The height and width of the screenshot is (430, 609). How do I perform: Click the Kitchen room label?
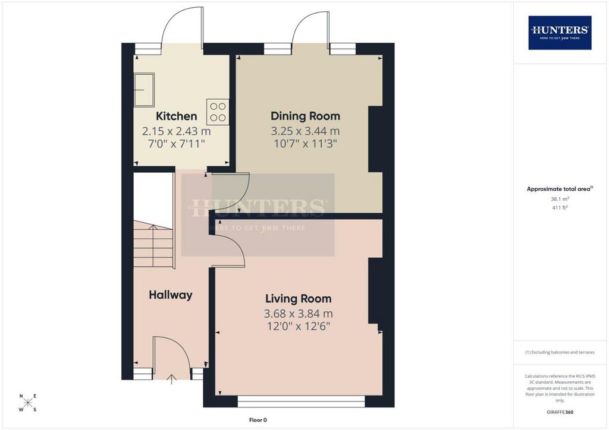point(176,116)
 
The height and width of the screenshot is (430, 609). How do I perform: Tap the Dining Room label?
point(305,116)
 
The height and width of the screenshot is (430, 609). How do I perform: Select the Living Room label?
point(299,299)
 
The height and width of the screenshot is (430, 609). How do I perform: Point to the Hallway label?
point(171,295)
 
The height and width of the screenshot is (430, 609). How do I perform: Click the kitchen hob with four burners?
point(218,112)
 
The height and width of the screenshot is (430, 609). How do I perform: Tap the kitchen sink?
point(144,90)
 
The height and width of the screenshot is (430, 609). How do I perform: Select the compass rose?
point(28,403)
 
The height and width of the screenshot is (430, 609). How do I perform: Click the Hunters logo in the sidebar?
point(560,33)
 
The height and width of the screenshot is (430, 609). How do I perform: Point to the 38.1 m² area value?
point(560,199)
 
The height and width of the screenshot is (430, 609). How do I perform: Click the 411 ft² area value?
point(560,207)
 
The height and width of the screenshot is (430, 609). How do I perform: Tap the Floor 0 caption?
point(258,420)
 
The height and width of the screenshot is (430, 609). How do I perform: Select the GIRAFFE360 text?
point(560,412)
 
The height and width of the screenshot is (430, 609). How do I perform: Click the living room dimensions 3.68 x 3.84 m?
point(299,313)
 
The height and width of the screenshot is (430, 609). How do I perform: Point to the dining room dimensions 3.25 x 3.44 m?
point(305,131)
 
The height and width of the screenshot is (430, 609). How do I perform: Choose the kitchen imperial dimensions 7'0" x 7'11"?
point(176,144)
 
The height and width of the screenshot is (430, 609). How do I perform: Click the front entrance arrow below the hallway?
point(171,379)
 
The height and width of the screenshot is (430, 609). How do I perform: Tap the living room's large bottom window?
point(301,401)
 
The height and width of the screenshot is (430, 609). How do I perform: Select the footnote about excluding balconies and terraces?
point(560,352)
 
